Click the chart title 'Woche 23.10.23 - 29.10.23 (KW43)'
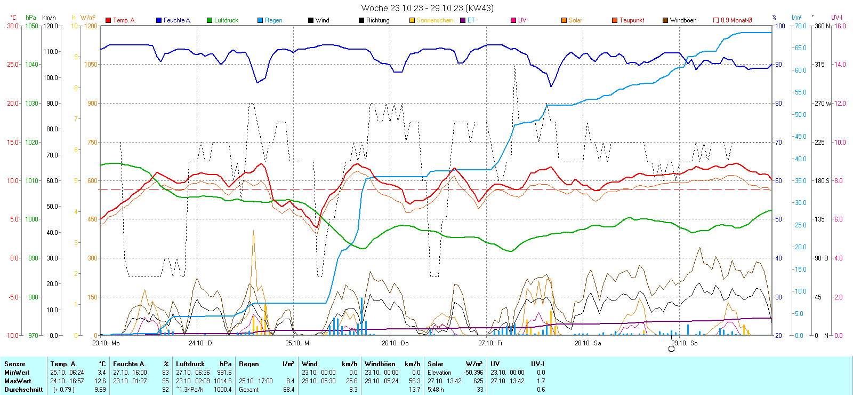tap(427, 8)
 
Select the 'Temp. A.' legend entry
tap(124, 20)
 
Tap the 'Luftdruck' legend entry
tap(226, 20)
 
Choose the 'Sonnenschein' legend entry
tap(434, 20)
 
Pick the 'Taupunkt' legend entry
tap(631, 20)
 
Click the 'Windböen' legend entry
tap(682, 20)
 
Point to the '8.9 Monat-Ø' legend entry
tap(736, 20)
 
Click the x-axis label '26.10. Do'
tap(395, 343)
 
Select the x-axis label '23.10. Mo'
tap(106, 343)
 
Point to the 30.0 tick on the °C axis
tap(12, 26)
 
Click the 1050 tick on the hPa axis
tap(32, 26)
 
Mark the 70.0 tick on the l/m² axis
tap(800, 26)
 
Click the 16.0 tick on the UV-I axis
tap(840, 26)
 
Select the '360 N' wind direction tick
tap(822, 26)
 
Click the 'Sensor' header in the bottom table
tap(15, 364)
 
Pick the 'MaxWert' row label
tap(18, 381)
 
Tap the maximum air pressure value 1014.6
tap(222, 381)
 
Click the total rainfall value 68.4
tap(288, 390)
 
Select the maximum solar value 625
tap(478, 381)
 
